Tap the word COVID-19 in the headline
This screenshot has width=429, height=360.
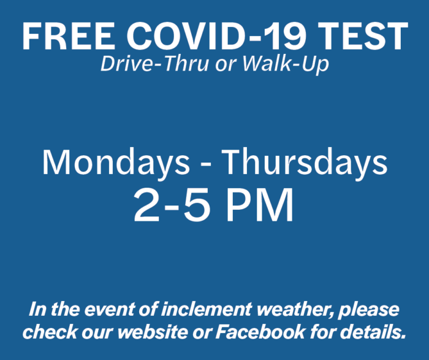coord(216,36)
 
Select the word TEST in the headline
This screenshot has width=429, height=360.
coord(363,36)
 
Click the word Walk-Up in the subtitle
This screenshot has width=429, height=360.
coord(286,65)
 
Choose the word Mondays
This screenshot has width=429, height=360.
coord(116,163)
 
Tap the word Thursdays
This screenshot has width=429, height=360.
coord(305,163)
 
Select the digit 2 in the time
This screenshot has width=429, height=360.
coord(146,205)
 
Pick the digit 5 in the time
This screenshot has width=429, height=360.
coord(197,206)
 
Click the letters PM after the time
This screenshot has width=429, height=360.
coord(260,205)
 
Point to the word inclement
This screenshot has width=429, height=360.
coord(207,310)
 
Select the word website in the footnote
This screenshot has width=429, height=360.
coord(153,332)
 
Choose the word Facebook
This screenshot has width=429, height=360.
coord(260,332)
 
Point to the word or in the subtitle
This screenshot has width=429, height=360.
coord(226,66)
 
